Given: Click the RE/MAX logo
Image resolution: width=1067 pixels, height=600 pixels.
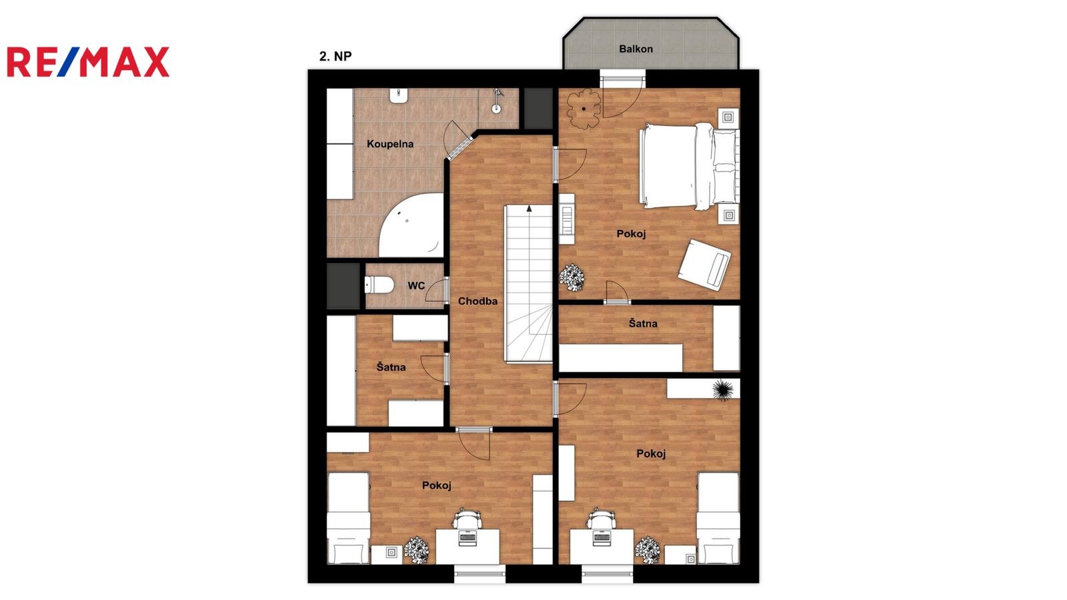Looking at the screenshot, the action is coord(88,62).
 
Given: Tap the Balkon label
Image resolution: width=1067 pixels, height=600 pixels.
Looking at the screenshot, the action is coord(636,49).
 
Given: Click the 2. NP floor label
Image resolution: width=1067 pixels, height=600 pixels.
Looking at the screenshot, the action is coord(335,56).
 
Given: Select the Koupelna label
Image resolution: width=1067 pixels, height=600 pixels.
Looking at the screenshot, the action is coord(390,144).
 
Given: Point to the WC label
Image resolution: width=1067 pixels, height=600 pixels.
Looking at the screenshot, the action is coord(416,286).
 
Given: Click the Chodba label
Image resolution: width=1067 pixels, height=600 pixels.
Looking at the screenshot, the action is coord(477,301).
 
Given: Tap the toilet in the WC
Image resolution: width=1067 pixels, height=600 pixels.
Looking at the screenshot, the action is coord(379,285).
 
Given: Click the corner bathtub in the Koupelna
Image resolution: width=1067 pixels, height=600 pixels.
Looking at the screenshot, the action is coord(411,225).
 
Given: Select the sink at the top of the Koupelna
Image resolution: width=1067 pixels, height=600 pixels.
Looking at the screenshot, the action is coord(399,96).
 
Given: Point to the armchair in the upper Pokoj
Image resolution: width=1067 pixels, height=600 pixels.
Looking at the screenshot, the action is coord(705,265).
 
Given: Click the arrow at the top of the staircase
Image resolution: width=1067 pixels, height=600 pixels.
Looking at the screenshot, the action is coord(529,208).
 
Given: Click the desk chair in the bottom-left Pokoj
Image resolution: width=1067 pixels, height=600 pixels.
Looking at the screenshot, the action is coord(466,519).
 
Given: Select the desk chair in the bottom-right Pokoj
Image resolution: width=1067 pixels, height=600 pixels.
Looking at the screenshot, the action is coord(601,519).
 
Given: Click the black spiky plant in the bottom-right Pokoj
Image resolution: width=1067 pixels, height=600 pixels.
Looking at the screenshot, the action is coord(723,390).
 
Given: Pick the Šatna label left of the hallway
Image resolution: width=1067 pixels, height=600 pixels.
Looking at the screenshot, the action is coord(391,367).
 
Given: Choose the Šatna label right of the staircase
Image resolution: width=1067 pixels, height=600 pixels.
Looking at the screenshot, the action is coord(643,323).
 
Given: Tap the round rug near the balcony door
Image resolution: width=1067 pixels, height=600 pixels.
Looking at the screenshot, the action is coord(584,109).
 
